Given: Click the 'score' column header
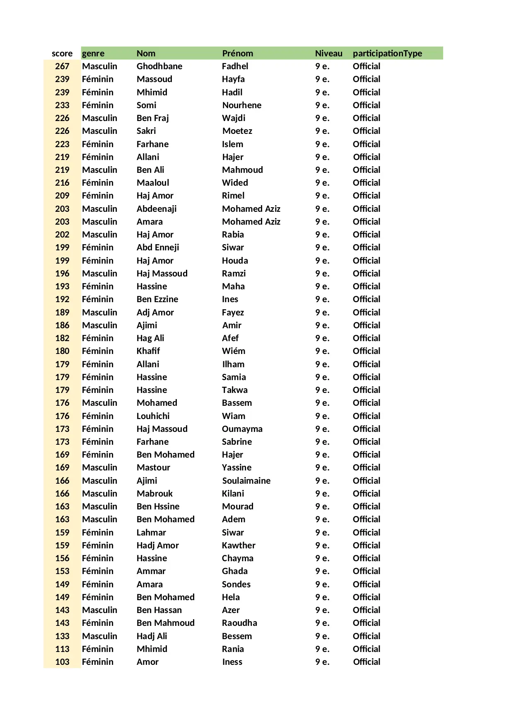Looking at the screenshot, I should (x=62, y=53).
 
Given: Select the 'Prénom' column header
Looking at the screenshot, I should (x=237, y=53).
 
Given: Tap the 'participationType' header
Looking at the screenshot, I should (x=387, y=53).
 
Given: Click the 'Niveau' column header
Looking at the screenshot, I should (x=328, y=53).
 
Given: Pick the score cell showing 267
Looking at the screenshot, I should (x=62, y=66).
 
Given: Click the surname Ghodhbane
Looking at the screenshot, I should (x=159, y=66).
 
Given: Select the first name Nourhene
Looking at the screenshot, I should (x=242, y=105).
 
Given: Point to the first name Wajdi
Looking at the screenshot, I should (x=234, y=118).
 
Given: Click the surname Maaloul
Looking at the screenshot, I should (x=153, y=183).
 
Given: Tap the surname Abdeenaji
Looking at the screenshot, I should (x=157, y=209).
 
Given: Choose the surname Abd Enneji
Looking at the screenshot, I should (x=158, y=247).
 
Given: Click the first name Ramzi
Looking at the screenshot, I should (x=234, y=274).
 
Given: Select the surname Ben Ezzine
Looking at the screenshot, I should (x=157, y=299).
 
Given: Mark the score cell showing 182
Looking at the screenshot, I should (x=62, y=338).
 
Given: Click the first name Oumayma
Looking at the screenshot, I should (x=242, y=429).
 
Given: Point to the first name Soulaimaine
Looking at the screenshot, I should (x=246, y=481).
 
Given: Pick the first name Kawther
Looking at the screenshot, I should (x=239, y=545).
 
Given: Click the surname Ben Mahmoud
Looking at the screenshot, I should (x=166, y=623).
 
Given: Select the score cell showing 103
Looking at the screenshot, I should (x=62, y=662).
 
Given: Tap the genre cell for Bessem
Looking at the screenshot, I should (x=99, y=636).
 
